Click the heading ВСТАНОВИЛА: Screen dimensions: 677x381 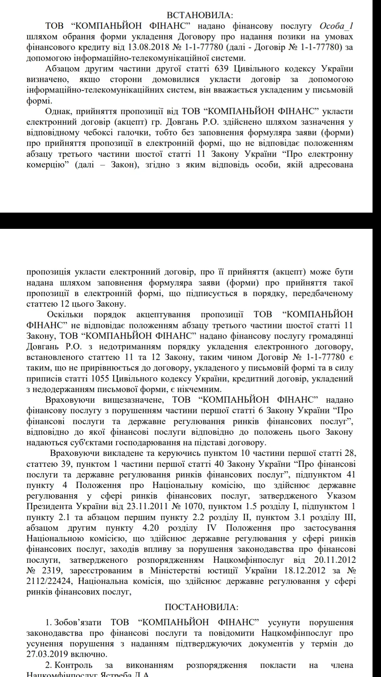click(200, 15)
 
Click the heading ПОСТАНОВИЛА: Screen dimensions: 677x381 click(201, 607)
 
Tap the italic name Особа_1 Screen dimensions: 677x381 click(336, 26)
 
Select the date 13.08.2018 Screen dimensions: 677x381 click(149, 47)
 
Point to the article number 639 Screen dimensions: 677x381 click(222, 69)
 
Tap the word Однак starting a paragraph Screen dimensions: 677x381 click(58, 111)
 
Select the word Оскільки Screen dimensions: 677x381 click(65, 315)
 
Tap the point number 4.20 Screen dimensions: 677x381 click(151, 528)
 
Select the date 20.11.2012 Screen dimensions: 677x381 click(335, 560)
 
